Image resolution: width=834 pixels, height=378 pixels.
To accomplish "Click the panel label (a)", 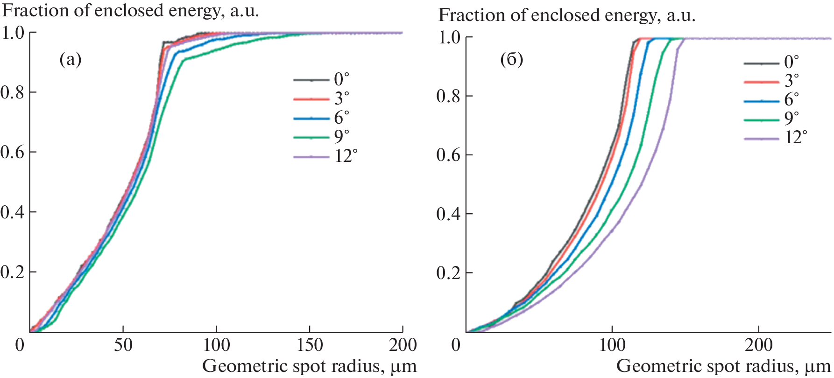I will click(x=70, y=60).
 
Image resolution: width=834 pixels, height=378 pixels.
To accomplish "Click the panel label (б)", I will click(x=511, y=60).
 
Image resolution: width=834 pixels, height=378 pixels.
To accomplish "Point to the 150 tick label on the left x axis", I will click(x=309, y=345).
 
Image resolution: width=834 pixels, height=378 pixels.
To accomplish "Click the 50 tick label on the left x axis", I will click(x=123, y=345).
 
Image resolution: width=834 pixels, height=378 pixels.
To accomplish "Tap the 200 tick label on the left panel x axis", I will click(x=403, y=345).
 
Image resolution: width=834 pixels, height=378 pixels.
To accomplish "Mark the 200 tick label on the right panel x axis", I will click(x=758, y=345).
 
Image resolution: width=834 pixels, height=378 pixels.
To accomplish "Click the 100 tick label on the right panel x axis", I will click(x=612, y=345).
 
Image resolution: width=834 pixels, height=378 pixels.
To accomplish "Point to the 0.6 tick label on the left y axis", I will click(x=13, y=153).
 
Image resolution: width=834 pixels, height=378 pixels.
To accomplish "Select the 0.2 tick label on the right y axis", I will click(x=449, y=273).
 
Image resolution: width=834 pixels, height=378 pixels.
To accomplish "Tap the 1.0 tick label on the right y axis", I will click(x=449, y=38).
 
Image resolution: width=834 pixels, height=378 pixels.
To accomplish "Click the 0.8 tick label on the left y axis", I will click(x=13, y=92).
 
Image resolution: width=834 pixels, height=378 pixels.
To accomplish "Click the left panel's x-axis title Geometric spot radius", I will click(x=309, y=366).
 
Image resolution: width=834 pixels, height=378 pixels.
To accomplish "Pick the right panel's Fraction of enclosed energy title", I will click(x=567, y=15).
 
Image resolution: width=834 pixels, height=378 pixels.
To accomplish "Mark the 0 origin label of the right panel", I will click(x=455, y=345).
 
